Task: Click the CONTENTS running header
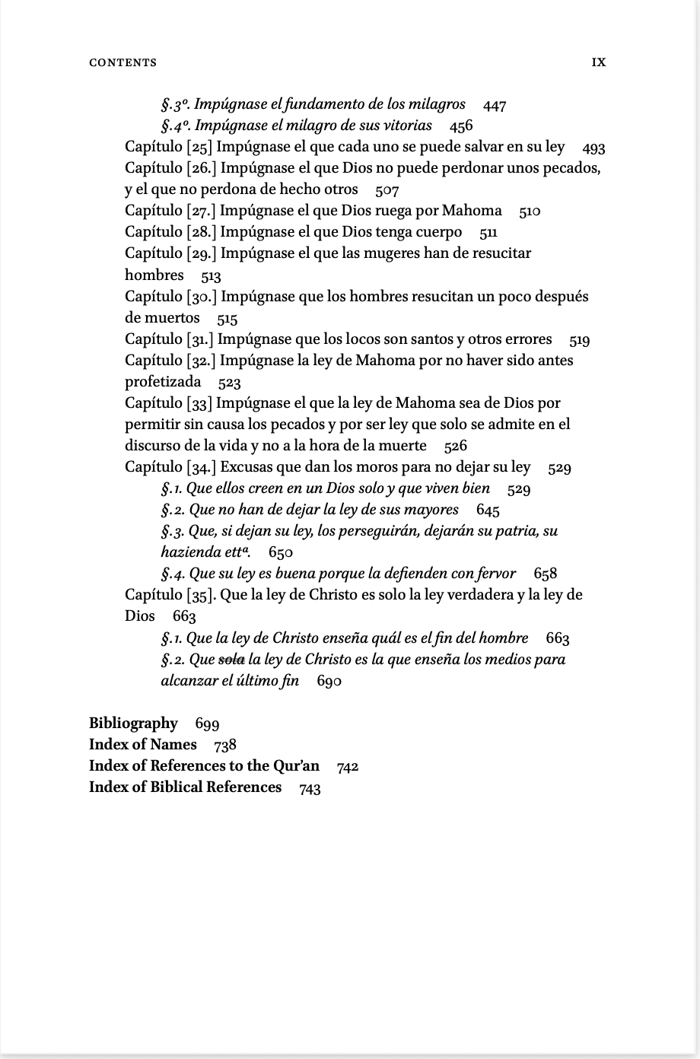click(123, 62)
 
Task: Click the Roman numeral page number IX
click(599, 62)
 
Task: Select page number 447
click(495, 105)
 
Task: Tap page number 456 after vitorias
click(461, 126)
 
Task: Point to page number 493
click(593, 148)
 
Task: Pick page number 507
click(387, 190)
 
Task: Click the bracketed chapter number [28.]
click(202, 232)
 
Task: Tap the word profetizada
click(163, 382)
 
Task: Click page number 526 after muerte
click(456, 447)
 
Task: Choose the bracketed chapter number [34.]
click(202, 467)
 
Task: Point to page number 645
click(488, 510)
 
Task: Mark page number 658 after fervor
click(546, 574)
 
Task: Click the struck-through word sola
click(231, 660)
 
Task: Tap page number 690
click(329, 682)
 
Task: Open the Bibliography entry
click(133, 723)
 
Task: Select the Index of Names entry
click(142, 745)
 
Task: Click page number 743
click(310, 788)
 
